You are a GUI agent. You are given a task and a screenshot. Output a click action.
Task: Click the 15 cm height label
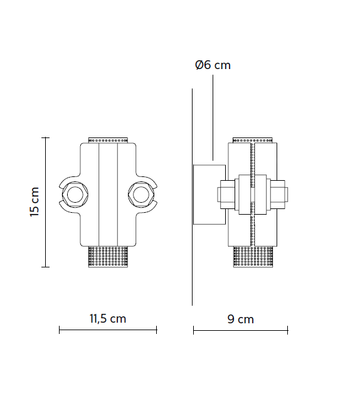click(34, 202)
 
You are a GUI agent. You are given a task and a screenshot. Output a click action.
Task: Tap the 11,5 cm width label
click(107, 318)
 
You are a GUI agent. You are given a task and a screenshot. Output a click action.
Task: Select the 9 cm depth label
click(240, 319)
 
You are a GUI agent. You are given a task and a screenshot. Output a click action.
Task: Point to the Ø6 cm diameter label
click(213, 65)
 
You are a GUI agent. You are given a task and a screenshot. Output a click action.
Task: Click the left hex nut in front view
click(75, 194)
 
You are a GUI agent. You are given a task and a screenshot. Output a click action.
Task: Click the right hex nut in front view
click(139, 194)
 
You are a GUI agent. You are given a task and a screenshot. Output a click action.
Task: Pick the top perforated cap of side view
click(252, 139)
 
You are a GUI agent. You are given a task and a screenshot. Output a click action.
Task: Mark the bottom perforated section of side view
click(252, 257)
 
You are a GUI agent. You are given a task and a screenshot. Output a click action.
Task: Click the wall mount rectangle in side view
click(209, 193)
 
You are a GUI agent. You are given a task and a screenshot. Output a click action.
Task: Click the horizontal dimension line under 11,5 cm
click(107, 330)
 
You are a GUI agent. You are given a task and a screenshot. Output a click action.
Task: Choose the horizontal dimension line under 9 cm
click(240, 330)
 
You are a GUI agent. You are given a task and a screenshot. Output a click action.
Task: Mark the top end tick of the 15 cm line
click(45, 137)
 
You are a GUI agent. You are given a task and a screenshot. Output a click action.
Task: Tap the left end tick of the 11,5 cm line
click(59, 330)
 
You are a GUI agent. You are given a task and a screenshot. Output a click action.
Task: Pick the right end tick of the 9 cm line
click(287, 330)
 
